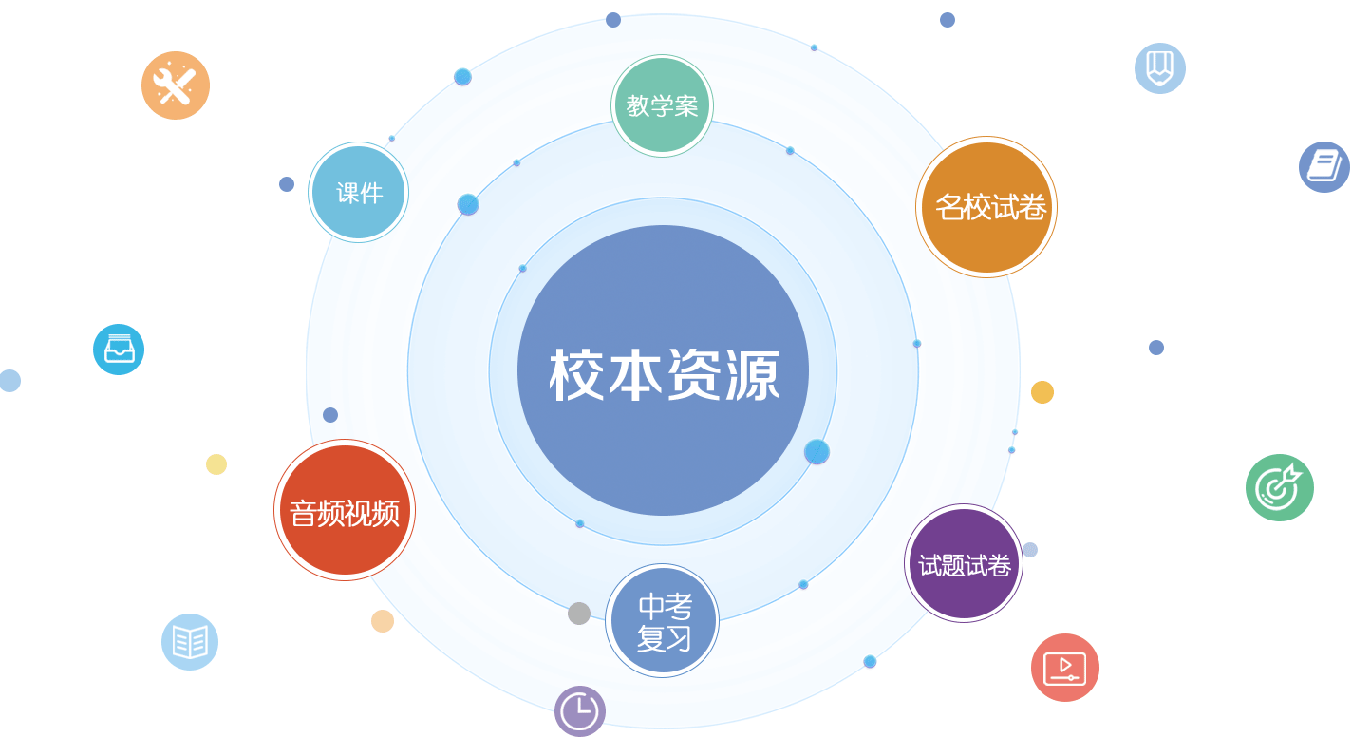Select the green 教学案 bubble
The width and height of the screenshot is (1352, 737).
662,105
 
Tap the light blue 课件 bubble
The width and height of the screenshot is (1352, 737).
359,193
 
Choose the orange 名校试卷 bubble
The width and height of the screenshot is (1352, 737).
986,207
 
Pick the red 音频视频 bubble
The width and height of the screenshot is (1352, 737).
345,510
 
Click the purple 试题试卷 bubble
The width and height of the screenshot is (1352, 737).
964,564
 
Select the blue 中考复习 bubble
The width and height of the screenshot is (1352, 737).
663,621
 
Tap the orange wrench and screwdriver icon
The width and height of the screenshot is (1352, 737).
176,85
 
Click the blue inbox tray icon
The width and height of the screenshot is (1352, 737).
119,350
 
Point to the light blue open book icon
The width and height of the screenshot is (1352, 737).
190,642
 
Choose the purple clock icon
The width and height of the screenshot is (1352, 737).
580,711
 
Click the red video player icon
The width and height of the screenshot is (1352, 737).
1065,668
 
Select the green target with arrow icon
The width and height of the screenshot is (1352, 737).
1280,487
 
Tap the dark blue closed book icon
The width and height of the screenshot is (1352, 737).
1324,167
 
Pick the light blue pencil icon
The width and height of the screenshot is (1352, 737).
1160,68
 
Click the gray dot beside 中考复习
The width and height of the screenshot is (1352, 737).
579,614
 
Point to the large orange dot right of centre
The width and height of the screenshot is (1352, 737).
1042,392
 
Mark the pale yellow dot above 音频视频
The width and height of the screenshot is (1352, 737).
216,464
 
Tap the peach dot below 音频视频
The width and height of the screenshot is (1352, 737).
383,621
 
